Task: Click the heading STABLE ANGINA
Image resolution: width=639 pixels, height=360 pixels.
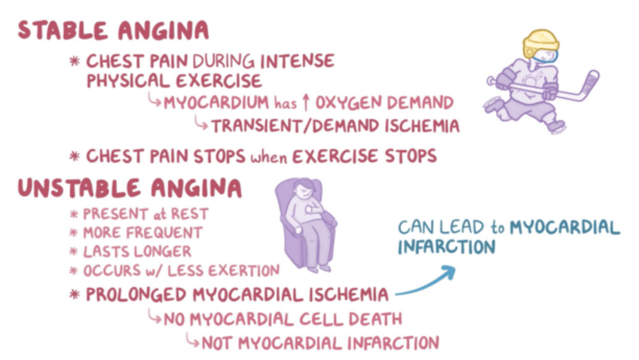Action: point(113,31)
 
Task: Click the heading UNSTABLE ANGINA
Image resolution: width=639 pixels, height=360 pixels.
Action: point(130,188)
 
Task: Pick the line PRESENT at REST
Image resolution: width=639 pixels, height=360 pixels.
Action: point(145,215)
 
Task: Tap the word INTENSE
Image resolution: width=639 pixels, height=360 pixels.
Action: point(295,60)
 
